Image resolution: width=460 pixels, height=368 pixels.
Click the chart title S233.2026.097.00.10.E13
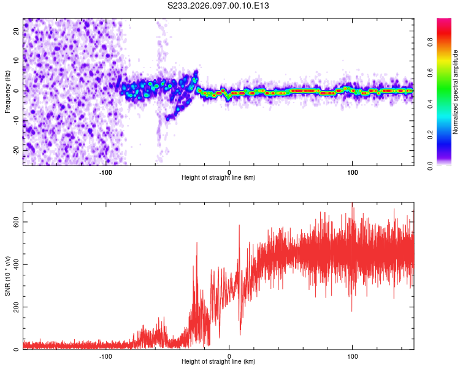218,6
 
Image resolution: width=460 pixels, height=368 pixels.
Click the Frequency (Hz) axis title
7,92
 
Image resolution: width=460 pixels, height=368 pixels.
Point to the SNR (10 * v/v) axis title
7,275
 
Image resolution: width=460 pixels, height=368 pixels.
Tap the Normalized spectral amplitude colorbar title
455,92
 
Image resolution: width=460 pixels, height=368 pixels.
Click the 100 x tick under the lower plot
353,355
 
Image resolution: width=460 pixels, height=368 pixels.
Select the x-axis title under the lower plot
218,362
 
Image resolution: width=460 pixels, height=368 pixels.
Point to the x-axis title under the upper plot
218,178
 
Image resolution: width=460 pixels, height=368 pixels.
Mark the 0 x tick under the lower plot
229,355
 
